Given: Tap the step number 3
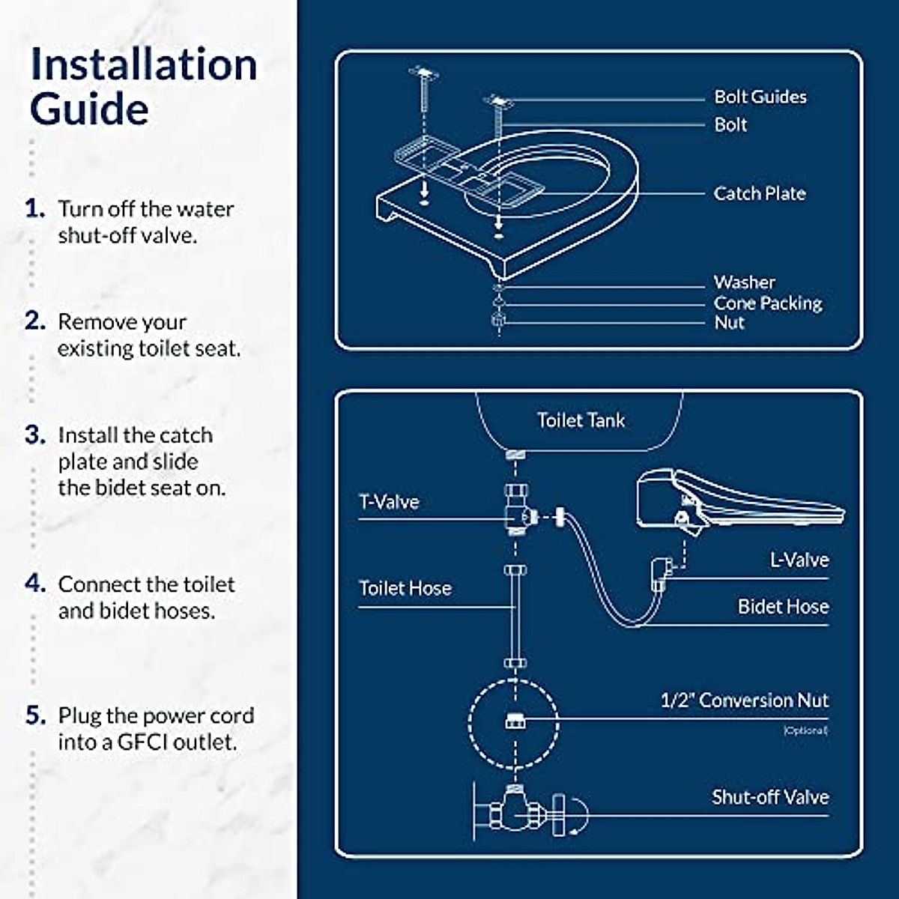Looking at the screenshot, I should pos(34,435).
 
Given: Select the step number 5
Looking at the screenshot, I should pos(35,715).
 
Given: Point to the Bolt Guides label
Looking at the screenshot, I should pos(760,97).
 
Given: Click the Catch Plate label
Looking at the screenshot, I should pos(759,193).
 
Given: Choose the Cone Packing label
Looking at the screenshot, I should pos(767,303).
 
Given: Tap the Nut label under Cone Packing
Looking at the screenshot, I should pos(729,323).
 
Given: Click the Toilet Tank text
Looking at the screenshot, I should pos(581,420).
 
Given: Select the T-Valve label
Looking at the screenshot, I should pos(389,502).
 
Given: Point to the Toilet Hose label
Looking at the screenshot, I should pos(405,589).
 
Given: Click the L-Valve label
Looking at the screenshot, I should pos(799,560).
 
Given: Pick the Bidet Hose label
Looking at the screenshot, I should pos(783,607).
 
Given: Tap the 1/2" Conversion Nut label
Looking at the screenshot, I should pos(744,700).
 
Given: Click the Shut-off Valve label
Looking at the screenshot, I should pos(770,797).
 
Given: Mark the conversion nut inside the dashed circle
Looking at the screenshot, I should pos(514,721).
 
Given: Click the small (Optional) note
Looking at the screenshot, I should pos(805,730).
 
